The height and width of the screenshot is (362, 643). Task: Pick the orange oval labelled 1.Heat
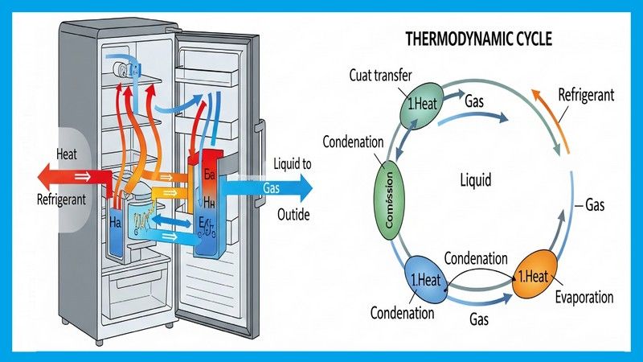[533, 277]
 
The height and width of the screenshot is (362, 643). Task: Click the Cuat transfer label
[380, 76]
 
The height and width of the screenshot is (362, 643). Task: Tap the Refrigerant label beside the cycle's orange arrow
[587, 94]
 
